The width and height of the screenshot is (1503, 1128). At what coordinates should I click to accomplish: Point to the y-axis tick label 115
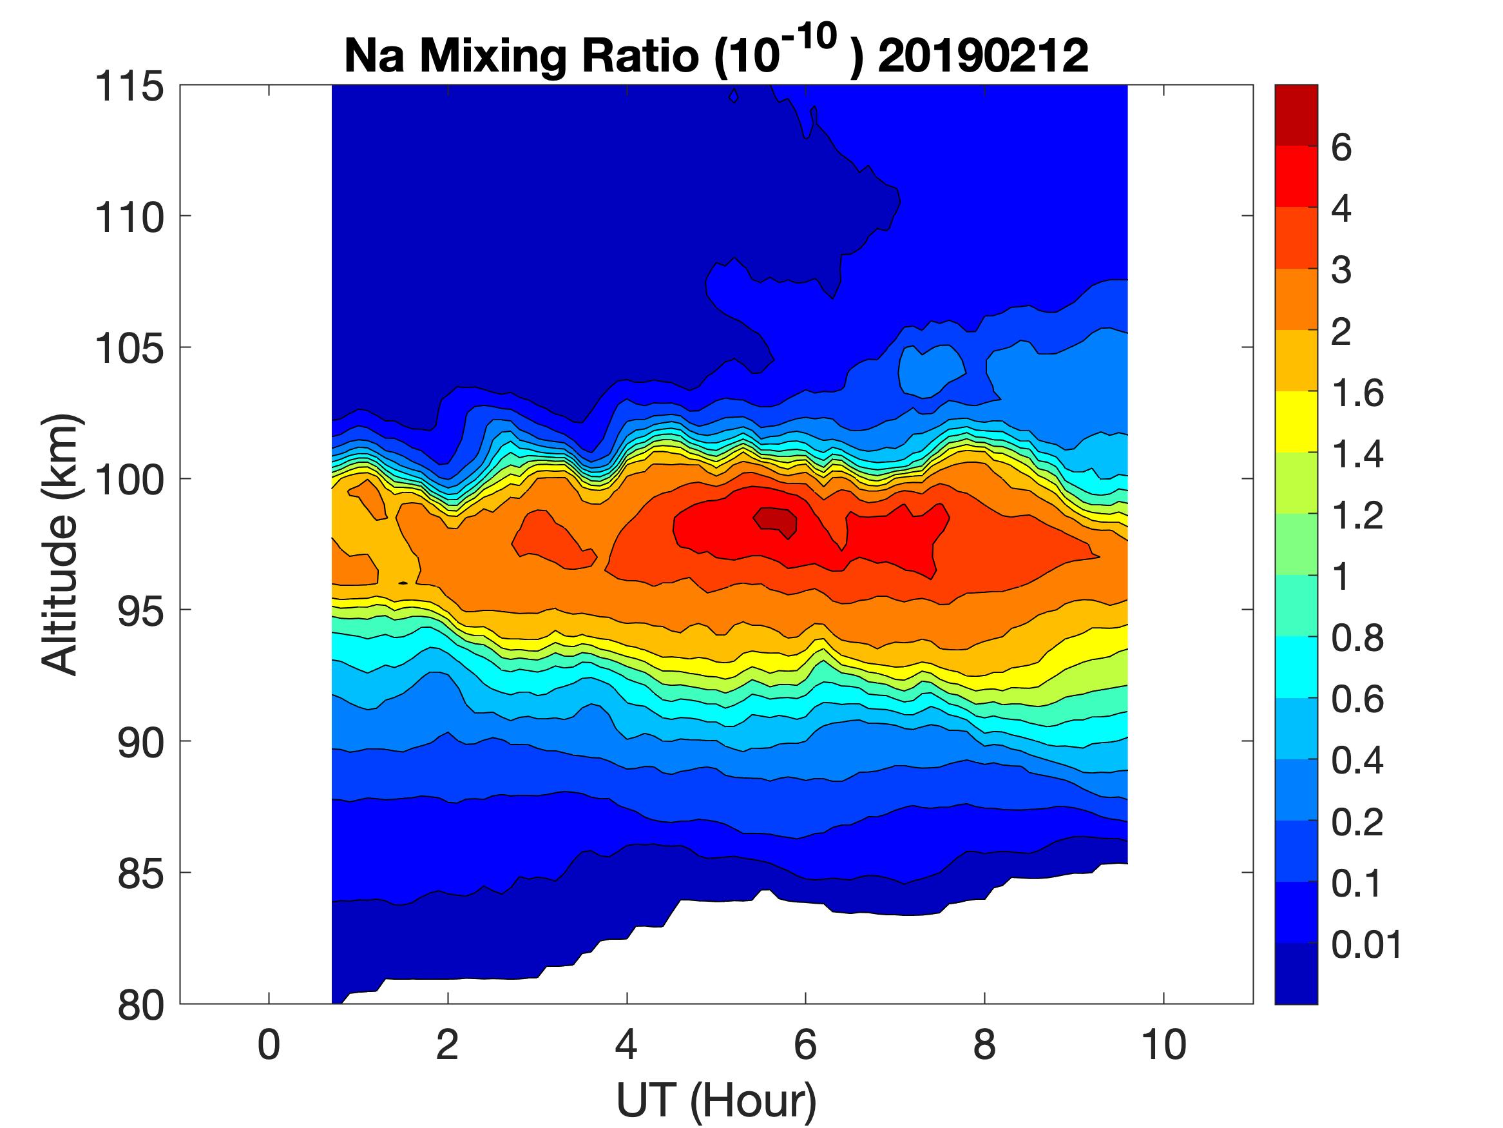pos(129,86)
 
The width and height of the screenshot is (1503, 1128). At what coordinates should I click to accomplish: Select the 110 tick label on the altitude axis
pos(129,218)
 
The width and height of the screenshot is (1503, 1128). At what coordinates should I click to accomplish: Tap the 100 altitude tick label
pos(129,480)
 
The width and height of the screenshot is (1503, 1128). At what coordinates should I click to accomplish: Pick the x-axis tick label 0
pos(269,1044)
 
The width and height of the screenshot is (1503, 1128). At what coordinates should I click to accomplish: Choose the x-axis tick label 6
pos(805,1044)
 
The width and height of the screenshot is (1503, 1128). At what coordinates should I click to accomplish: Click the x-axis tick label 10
pos(1164,1044)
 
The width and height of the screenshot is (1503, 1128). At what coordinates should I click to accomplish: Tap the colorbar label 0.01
pos(1366,944)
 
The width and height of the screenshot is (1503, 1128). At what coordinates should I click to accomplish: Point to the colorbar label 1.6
pos(1357,393)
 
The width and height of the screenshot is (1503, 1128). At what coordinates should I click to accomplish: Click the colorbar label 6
pos(1341,148)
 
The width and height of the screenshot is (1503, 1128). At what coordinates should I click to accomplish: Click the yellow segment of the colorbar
pos(1296,422)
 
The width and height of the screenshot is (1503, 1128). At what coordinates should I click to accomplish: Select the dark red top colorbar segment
pos(1296,114)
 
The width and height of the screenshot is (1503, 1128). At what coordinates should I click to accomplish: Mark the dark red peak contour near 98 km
pos(777,520)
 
